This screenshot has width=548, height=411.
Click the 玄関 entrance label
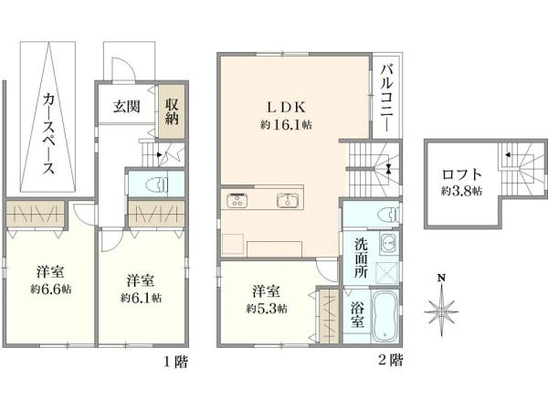127,106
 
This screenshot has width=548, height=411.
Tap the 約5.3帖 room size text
267,309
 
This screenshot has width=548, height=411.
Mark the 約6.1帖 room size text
141,296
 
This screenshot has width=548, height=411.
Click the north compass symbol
442,308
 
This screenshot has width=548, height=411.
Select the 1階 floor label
175,362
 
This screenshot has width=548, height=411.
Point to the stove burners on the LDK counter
237,199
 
